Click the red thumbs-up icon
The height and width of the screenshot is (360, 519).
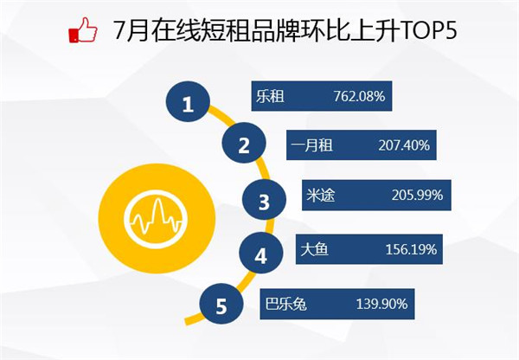tap(83, 30)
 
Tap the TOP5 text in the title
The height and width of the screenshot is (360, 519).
tap(429, 30)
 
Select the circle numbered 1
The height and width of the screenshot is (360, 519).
tap(188, 101)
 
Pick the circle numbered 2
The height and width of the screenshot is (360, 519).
tap(244, 143)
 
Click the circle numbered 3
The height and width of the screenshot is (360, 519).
tap(264, 200)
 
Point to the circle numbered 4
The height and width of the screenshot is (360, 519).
tap(261, 253)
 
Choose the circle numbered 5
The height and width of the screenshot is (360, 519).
tap(221, 304)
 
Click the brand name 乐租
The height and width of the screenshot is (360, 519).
tap(270, 97)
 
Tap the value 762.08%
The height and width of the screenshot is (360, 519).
tap(359, 96)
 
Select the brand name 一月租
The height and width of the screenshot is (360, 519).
tap(311, 145)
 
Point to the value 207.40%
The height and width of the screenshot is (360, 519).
tap(404, 145)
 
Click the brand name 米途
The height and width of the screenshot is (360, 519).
tap(320, 195)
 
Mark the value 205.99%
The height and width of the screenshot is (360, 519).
tap(418, 195)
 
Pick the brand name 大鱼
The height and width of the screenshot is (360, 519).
tap(314, 249)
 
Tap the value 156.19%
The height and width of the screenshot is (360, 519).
tap(412, 249)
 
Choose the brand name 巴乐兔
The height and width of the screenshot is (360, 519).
tap(285, 304)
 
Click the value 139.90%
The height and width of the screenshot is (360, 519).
tap(381, 304)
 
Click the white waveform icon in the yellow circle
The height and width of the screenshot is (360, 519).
tap(156, 219)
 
